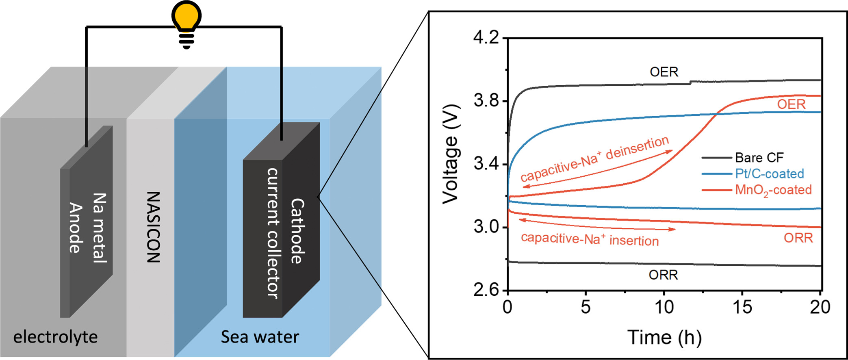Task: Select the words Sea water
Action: point(260,337)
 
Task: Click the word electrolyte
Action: point(56,337)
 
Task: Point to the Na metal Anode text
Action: point(87,228)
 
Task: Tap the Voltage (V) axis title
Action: point(451,154)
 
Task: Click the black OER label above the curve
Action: point(664,72)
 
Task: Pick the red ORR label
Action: point(798,238)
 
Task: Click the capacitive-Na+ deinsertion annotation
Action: point(594,158)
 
